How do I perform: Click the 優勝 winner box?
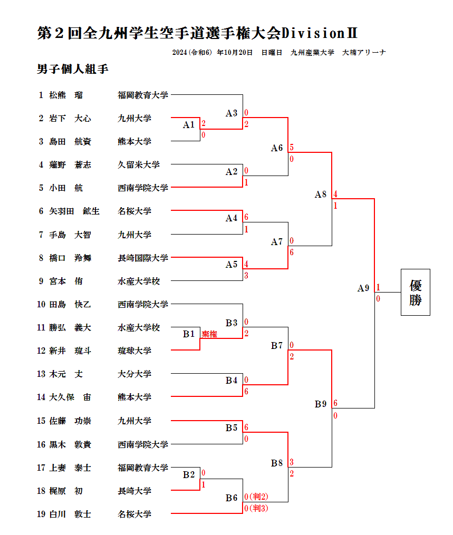(415, 292)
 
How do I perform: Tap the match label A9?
(363, 288)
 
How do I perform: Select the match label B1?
(189, 334)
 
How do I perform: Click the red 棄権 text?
(209, 334)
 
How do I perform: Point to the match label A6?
(277, 148)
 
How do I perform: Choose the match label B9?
(321, 404)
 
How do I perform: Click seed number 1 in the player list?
(41, 95)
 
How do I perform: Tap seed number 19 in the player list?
(41, 514)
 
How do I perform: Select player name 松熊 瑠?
(65, 95)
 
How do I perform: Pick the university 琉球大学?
(134, 351)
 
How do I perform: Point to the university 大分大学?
(134, 374)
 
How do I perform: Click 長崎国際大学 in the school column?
(143, 258)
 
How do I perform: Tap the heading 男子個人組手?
(73, 69)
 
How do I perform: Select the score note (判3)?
(258, 509)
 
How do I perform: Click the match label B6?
(232, 498)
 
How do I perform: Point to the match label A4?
(232, 218)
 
